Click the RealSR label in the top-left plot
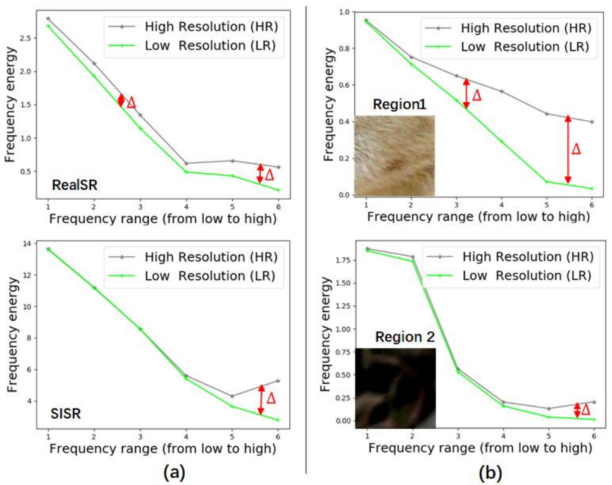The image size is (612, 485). pyautogui.click(x=75, y=185)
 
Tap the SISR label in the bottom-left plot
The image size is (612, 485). pyautogui.click(x=66, y=414)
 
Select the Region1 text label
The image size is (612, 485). pyautogui.click(x=399, y=104)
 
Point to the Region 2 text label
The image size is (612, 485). pyautogui.click(x=405, y=337)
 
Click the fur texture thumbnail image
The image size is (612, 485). pyautogui.click(x=394, y=156)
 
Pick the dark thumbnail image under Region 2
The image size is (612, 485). pyautogui.click(x=396, y=388)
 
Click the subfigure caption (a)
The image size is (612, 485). pyautogui.click(x=174, y=472)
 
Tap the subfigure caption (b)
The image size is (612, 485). pyautogui.click(x=490, y=472)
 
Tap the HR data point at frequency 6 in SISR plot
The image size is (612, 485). pyautogui.click(x=278, y=381)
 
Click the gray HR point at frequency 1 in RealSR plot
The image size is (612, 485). pyautogui.click(x=48, y=18)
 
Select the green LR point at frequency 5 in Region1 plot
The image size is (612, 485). pyautogui.click(x=546, y=181)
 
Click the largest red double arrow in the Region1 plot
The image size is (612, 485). pyautogui.click(x=568, y=149)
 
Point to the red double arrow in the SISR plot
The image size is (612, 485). pyautogui.click(x=261, y=400)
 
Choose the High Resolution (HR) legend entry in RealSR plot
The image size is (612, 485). pyautogui.click(x=193, y=27)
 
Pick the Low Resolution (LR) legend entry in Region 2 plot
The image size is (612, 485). pyautogui.click(x=509, y=276)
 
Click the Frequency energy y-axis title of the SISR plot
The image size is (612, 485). pyautogui.click(x=13, y=335)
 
